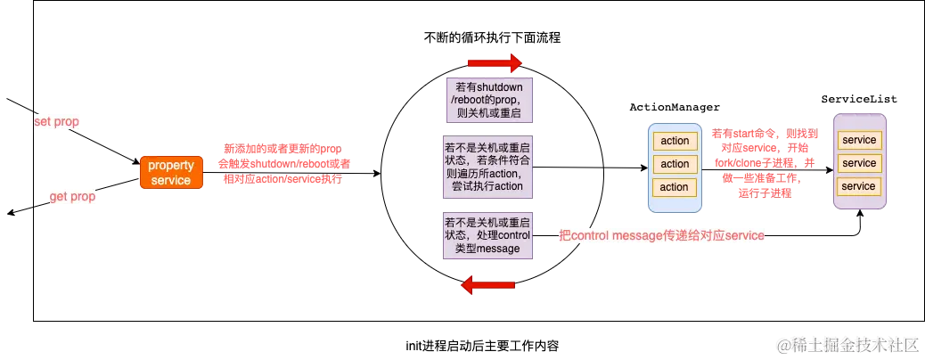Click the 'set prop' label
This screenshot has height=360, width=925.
tap(56, 122)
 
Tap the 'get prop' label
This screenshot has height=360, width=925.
tap(73, 197)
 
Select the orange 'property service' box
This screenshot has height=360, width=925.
tap(171, 173)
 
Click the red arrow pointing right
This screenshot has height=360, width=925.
tap(495, 63)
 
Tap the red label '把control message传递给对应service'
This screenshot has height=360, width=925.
tap(661, 235)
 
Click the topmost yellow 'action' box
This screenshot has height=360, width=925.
tap(675, 141)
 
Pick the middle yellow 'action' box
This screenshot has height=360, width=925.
tap(675, 164)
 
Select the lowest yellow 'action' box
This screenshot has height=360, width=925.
tap(675, 187)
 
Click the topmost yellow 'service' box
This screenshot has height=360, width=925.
tap(859, 140)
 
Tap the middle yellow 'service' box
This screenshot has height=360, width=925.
tap(859, 163)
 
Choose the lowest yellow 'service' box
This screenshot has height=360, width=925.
tap(859, 186)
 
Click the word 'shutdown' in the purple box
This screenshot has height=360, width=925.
tap(500, 86)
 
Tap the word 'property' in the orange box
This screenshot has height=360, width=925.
tap(171, 166)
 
